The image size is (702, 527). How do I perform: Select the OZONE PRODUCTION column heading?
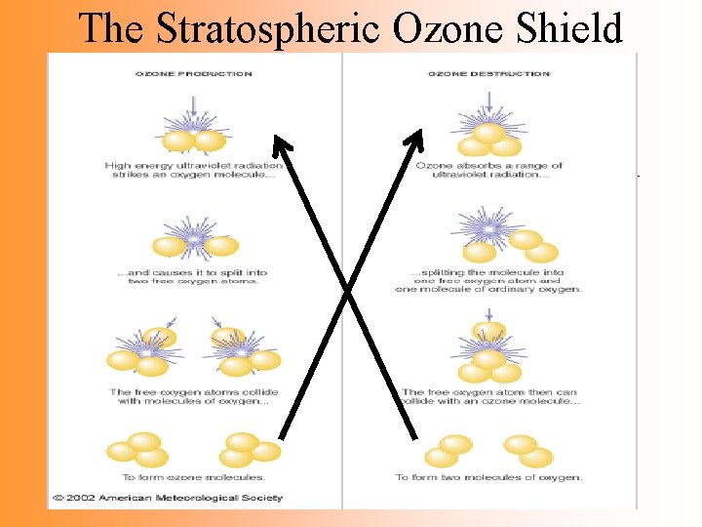pyautogui.click(x=193, y=73)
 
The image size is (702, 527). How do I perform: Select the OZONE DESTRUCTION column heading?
pyautogui.click(x=488, y=73)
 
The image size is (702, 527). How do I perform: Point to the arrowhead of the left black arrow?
pyautogui.click(x=281, y=146)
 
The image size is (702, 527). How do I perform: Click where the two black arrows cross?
pyautogui.click(x=348, y=290)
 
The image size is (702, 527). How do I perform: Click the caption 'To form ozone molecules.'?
pyautogui.click(x=193, y=477)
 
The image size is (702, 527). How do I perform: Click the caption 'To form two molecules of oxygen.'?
pyautogui.click(x=488, y=477)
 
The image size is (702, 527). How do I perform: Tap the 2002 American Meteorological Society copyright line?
pyautogui.click(x=168, y=498)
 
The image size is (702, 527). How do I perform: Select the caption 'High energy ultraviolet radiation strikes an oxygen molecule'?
pyautogui.click(x=193, y=170)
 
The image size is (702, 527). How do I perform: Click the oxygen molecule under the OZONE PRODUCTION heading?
pyautogui.click(x=193, y=140)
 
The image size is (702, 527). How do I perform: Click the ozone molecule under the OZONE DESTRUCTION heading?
pyautogui.click(x=488, y=140)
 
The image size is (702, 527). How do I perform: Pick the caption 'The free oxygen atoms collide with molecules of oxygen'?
pyautogui.click(x=193, y=396)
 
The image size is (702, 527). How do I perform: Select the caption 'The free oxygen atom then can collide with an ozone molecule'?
pyautogui.click(x=490, y=396)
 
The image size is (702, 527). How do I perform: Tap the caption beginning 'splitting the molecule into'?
pyautogui.click(x=488, y=280)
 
